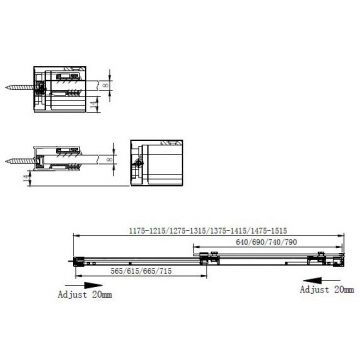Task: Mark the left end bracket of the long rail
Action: [81, 257]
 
